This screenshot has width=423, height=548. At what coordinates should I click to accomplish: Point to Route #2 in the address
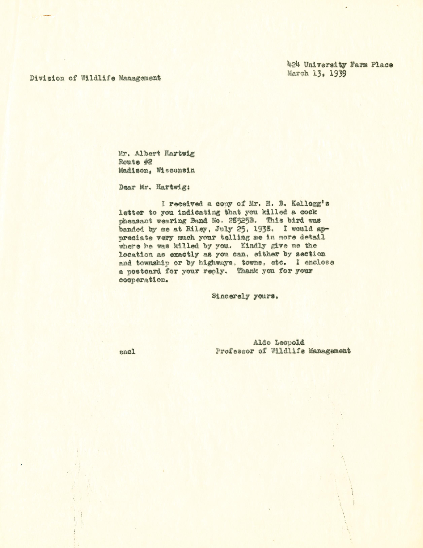[x=135, y=162]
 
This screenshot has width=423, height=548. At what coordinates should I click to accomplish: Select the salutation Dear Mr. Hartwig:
[x=154, y=187]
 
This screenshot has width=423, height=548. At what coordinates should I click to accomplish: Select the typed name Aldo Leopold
[x=278, y=342]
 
